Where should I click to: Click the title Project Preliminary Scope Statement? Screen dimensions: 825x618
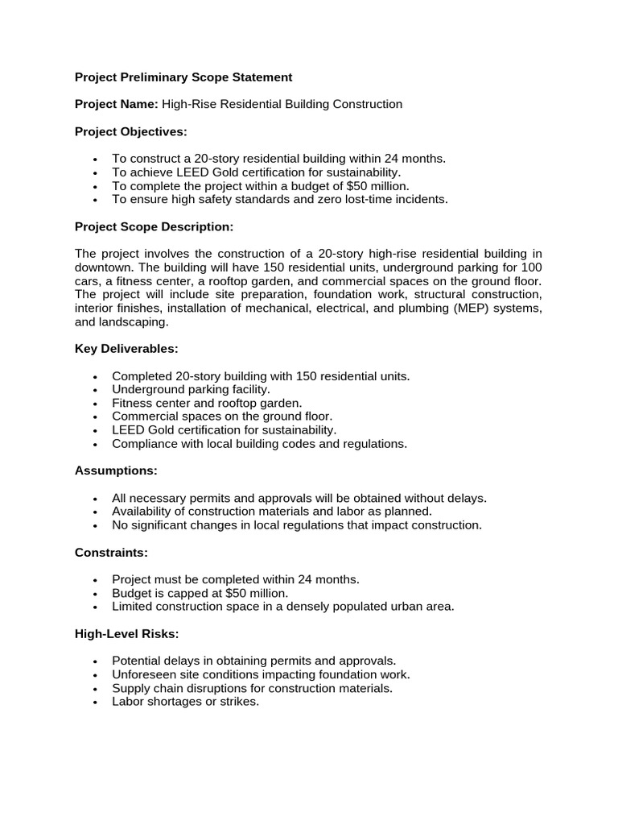(183, 77)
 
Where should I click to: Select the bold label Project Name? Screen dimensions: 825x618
(117, 104)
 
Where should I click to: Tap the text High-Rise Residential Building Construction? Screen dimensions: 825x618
(282, 104)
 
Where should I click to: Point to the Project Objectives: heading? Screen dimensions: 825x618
(130, 131)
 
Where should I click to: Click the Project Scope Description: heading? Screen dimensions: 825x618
(154, 226)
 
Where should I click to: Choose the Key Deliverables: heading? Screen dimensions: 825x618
(126, 348)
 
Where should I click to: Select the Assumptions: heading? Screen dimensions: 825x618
(116, 470)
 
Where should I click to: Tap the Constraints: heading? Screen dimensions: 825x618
(111, 552)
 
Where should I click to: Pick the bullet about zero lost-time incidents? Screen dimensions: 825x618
(279, 199)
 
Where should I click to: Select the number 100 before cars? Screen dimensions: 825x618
(532, 267)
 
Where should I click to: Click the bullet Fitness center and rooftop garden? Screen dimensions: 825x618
(207, 403)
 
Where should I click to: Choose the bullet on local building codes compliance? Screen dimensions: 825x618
(259, 444)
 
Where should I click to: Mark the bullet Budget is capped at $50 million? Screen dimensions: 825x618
(200, 593)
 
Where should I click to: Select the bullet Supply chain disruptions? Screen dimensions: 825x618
(252, 688)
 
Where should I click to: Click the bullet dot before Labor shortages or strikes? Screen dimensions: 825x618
(95, 702)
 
